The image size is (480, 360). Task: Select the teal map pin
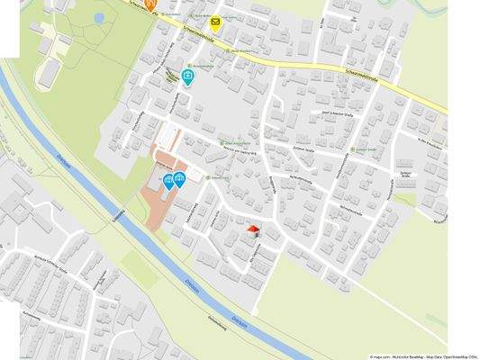pyautogui.click(x=188, y=77)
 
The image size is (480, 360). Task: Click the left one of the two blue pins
pyautogui.click(x=169, y=183)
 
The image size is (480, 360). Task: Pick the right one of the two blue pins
pyautogui.click(x=180, y=179)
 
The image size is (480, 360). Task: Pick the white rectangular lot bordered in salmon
pyautogui.click(x=169, y=139)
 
